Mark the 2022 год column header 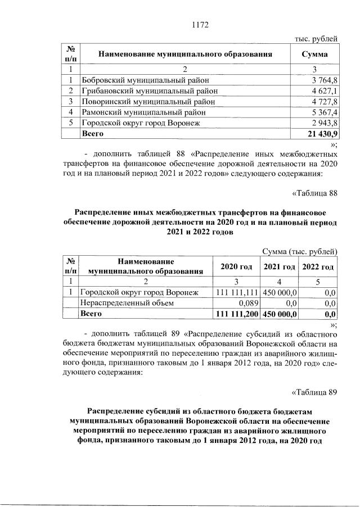[x=318, y=266]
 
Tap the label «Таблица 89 [x=315, y=392]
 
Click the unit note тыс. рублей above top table [x=316, y=39]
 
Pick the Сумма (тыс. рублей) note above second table [x=300, y=251]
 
